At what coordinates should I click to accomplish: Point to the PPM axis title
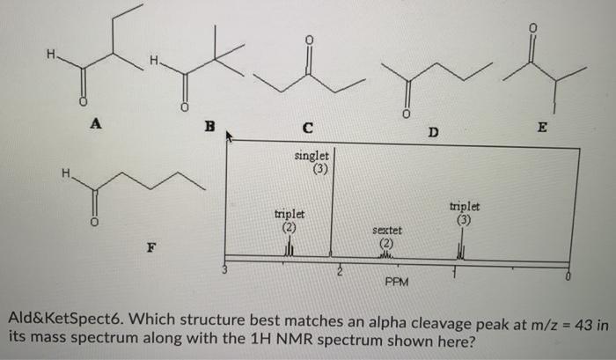tap(395, 282)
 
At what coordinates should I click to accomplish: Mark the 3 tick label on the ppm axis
tap(225, 270)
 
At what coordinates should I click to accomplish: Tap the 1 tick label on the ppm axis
tap(455, 272)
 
